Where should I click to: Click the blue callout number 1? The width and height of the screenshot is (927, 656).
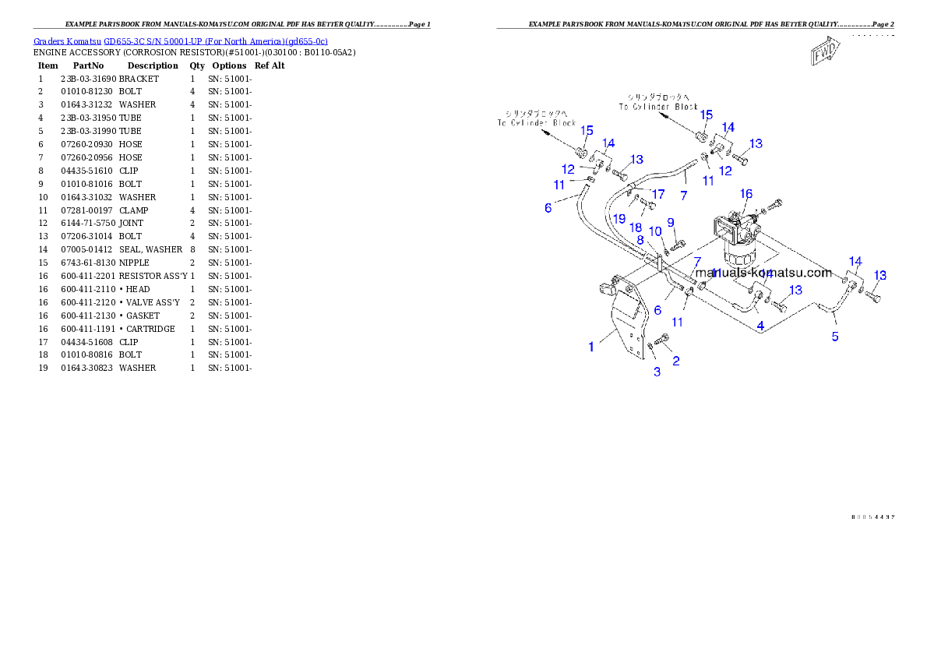pos(591,347)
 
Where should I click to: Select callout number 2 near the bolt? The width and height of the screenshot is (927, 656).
pos(676,361)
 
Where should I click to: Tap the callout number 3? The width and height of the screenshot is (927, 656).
pos(657,372)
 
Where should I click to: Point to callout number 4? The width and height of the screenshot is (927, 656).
pos(760,325)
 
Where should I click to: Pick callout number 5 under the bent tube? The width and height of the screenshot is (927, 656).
pos(835,337)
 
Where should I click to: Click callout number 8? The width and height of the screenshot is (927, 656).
pos(640,240)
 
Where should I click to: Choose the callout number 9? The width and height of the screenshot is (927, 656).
pos(670,223)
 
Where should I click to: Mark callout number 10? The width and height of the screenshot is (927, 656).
pos(655,231)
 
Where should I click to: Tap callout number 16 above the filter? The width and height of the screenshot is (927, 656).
pos(746,194)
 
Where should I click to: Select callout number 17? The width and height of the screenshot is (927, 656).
pos(658,194)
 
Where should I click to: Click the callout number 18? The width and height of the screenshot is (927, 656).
pos(636,227)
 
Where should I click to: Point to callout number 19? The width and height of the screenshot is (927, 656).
pos(619,219)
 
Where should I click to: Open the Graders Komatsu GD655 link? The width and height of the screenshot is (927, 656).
pos(180,41)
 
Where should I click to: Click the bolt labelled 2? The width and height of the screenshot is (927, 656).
pos(663,339)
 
